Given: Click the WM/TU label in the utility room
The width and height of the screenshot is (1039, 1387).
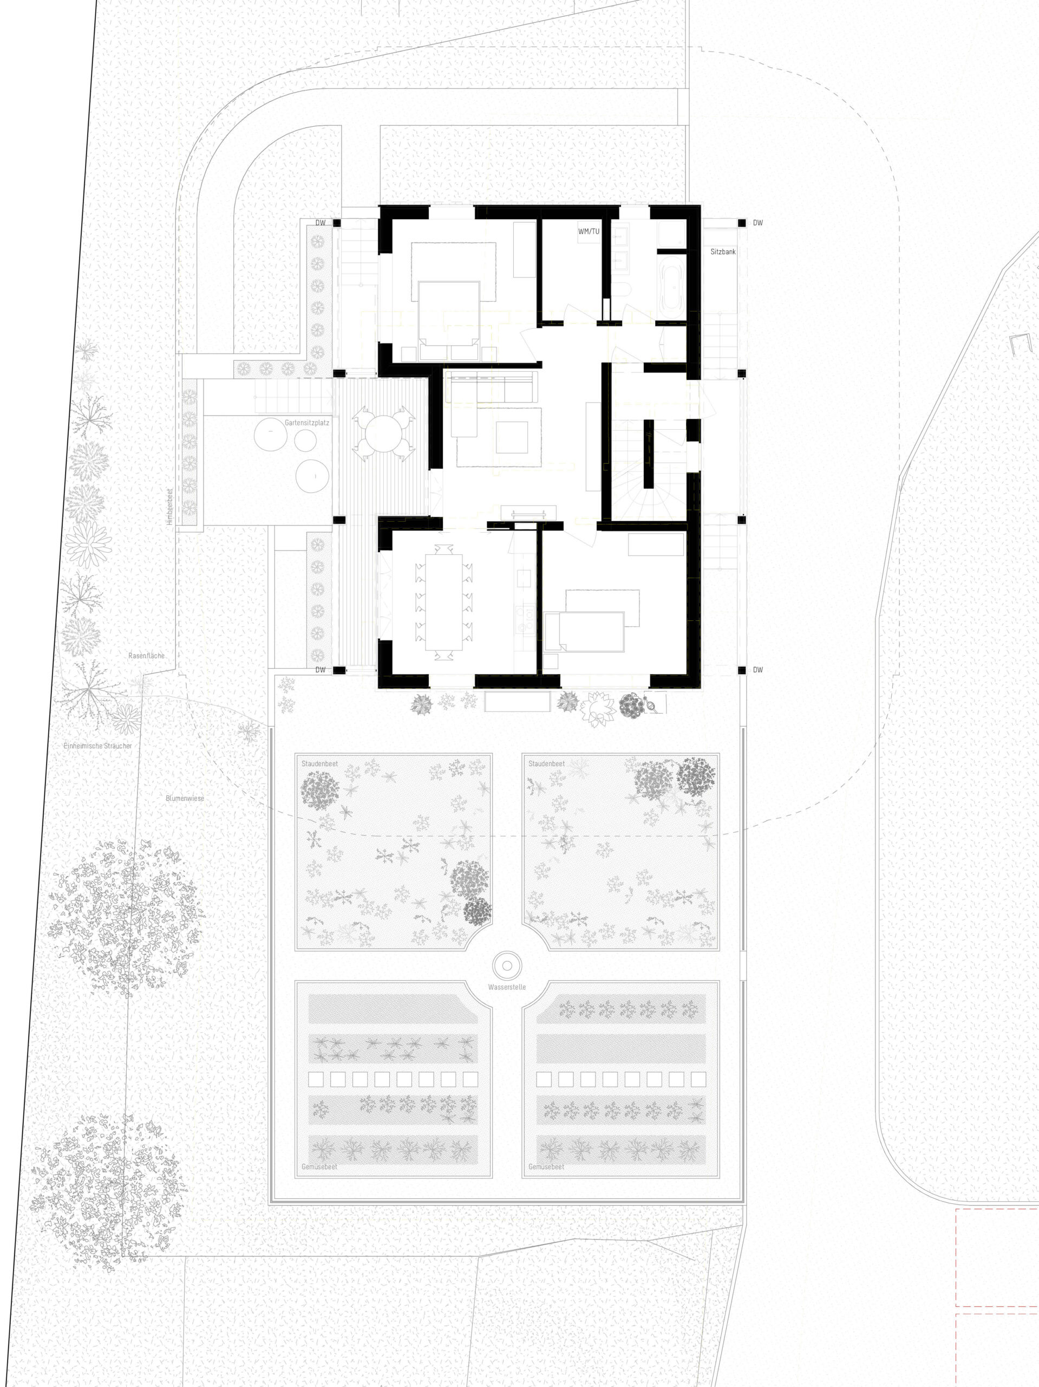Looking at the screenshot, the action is [x=589, y=231].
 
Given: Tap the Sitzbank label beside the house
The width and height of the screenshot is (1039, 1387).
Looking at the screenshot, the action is [x=723, y=251].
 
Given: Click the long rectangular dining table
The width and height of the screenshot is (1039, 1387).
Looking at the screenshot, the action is [x=443, y=602].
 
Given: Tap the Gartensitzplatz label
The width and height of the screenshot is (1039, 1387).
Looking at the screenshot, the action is [x=306, y=423].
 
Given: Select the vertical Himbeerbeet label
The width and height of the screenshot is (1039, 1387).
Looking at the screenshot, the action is [x=169, y=507].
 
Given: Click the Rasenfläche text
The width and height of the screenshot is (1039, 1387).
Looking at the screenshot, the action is [x=147, y=656].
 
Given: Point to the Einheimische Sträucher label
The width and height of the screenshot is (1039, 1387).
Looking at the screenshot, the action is [x=98, y=746].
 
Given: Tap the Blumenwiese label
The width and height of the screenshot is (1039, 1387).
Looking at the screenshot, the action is [x=185, y=798].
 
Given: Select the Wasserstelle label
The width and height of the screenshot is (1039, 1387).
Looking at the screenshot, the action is [x=507, y=987].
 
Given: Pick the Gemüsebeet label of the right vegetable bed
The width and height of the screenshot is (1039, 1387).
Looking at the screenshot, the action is [x=546, y=1167].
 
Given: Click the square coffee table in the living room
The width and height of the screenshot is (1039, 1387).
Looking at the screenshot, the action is [x=512, y=437].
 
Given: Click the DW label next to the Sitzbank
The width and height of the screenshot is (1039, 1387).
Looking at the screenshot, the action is [x=758, y=223].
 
